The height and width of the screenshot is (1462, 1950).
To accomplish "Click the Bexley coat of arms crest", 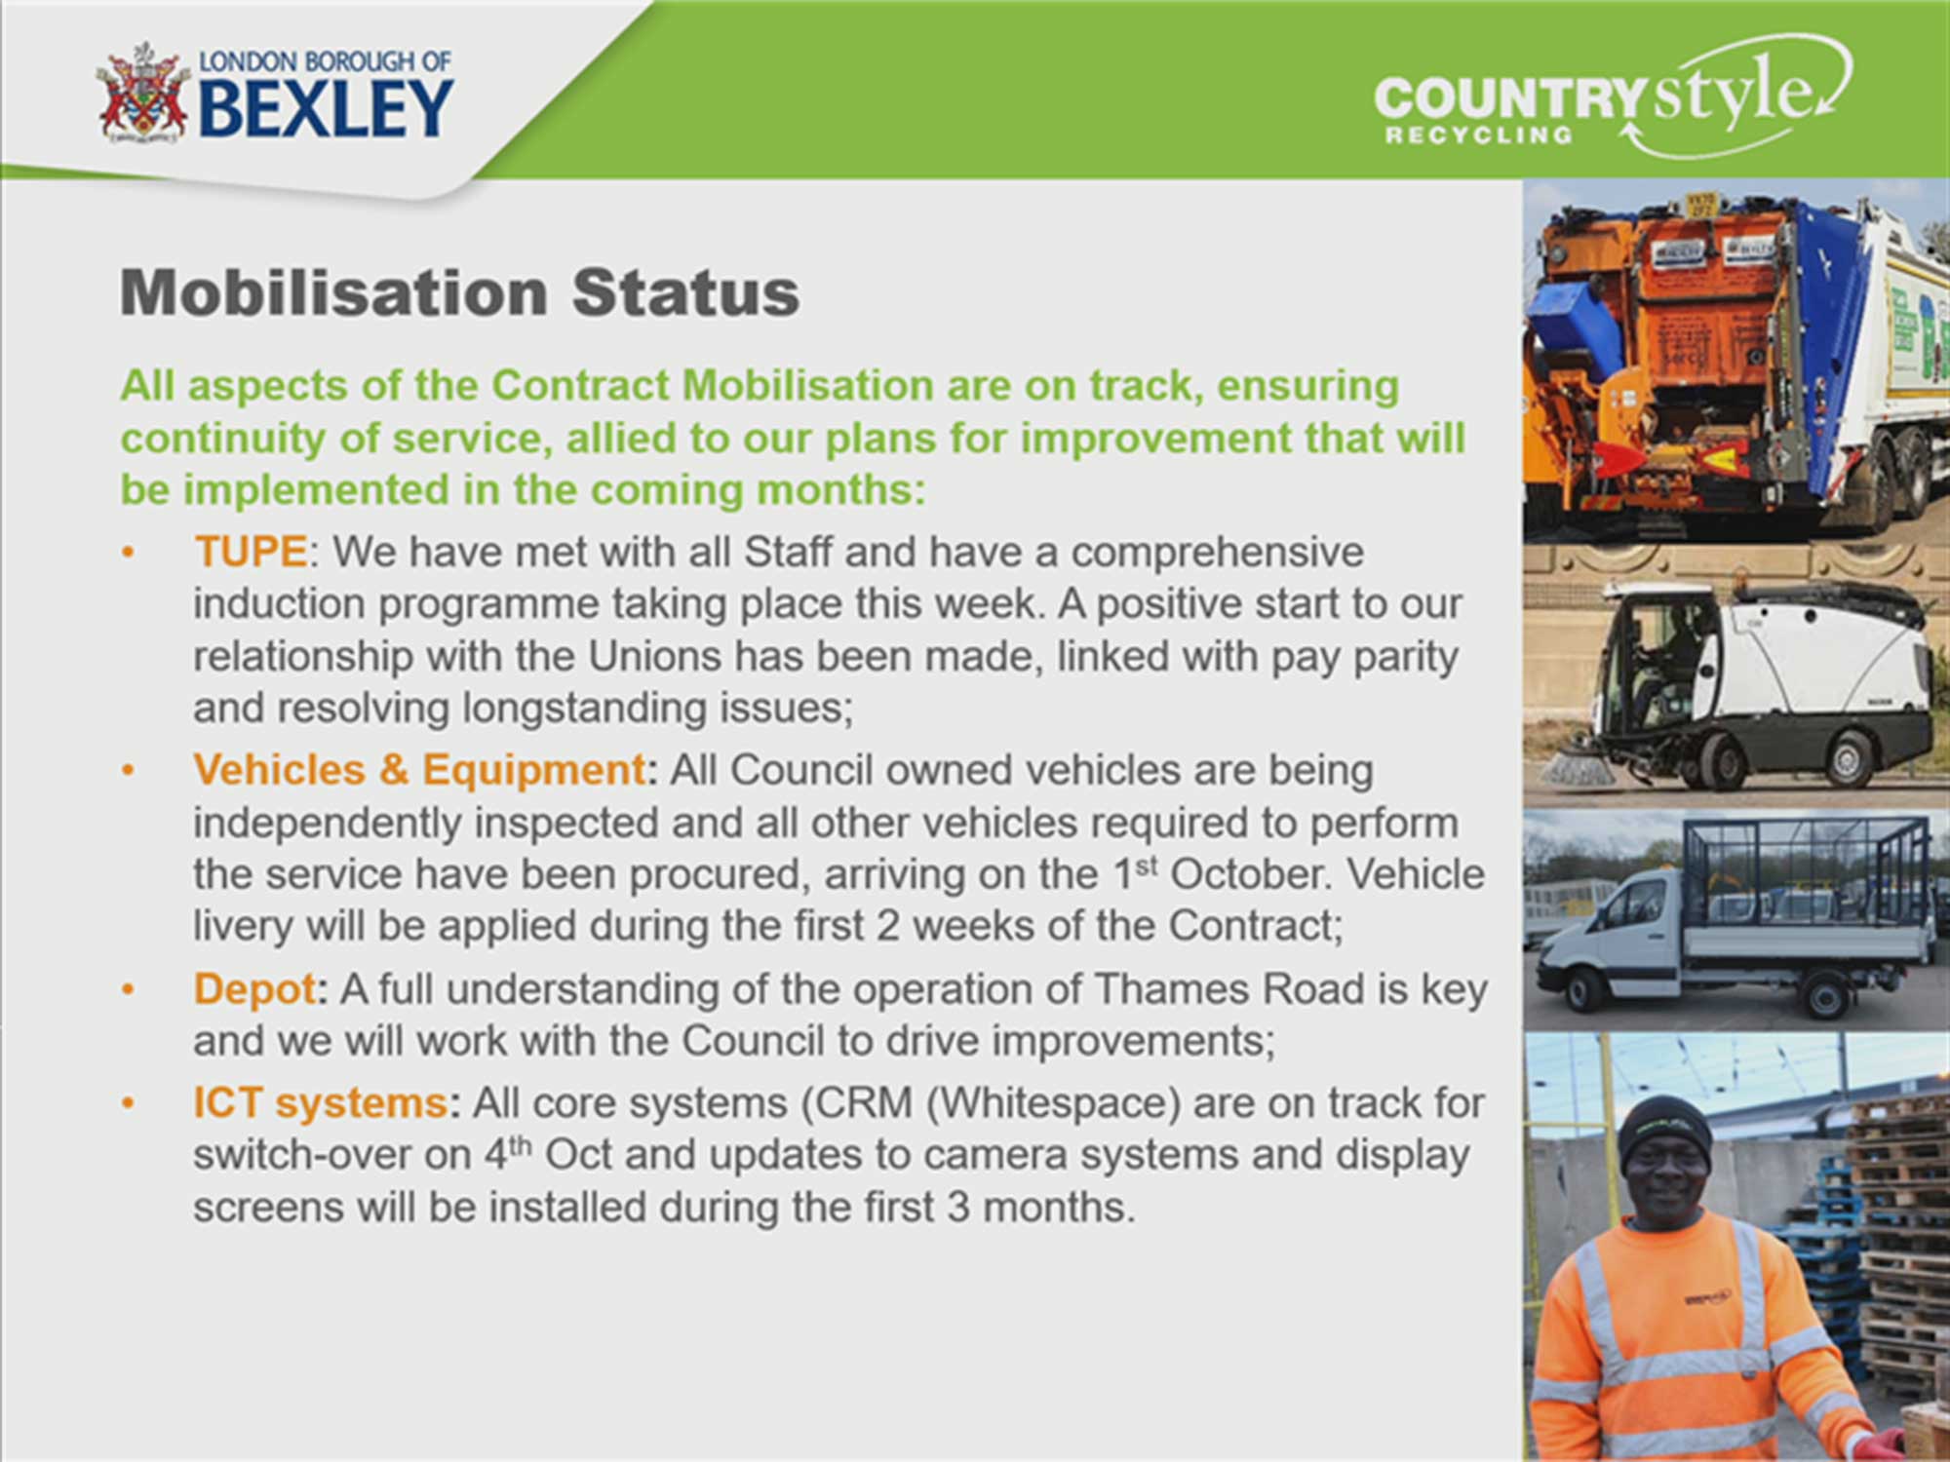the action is [x=142, y=94].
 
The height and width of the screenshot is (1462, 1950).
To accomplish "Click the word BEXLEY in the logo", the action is [x=327, y=108].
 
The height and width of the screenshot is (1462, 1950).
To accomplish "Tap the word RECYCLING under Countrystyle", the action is [x=1479, y=135].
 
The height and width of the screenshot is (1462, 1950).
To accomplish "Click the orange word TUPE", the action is [x=251, y=552].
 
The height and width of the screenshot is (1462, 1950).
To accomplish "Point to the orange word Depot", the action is [x=254, y=990].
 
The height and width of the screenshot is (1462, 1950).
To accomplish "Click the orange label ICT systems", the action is [x=321, y=1103].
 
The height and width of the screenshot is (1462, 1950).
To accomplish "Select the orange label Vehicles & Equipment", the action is [x=419, y=770].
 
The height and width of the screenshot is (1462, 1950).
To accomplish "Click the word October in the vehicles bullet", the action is [x=1250, y=874].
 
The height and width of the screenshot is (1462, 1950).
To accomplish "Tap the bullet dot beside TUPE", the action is [x=128, y=554].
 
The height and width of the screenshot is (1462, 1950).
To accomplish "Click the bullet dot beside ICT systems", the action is [x=128, y=1104].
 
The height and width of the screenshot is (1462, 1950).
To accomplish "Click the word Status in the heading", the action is [x=685, y=292].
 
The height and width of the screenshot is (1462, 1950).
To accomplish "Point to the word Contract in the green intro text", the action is [x=579, y=386].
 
